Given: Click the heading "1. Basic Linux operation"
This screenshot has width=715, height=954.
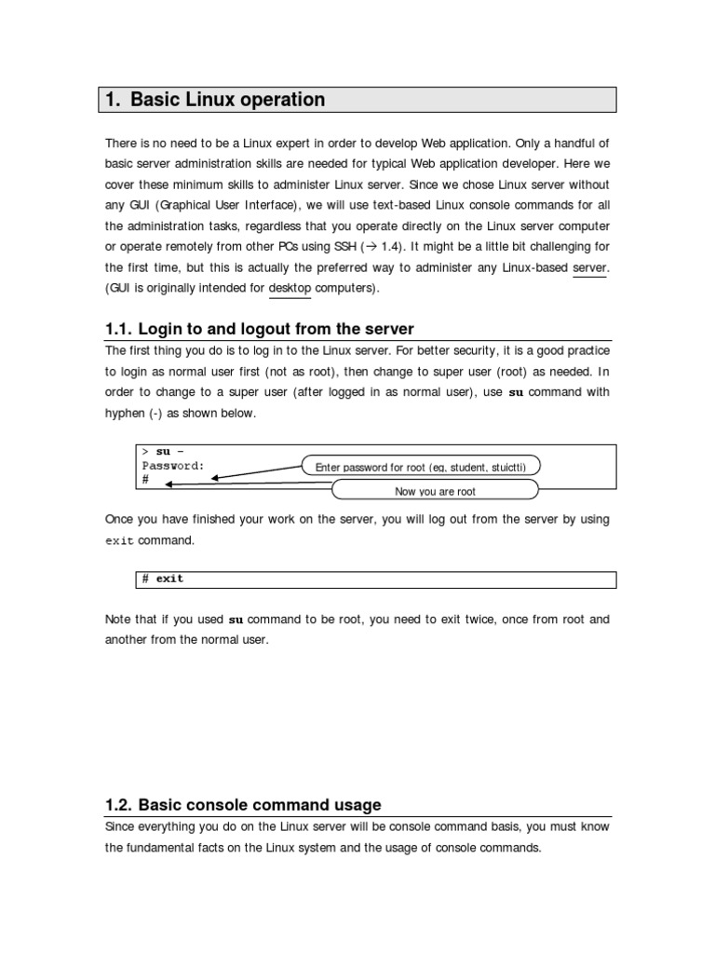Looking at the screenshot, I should point(214,100).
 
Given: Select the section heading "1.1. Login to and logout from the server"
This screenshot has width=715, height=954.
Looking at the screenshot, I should point(260,329).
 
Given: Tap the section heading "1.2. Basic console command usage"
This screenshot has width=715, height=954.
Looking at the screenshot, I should point(243,805).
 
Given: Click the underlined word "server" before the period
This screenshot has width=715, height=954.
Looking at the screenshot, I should point(588,268).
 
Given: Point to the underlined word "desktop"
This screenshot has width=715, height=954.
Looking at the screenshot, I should point(290,289).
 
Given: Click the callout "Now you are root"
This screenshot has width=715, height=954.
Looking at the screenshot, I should point(436,491).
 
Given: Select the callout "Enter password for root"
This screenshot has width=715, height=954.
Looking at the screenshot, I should point(421,467).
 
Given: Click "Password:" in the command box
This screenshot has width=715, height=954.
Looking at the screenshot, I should point(173,465).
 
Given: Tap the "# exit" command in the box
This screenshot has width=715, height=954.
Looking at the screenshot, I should point(163,579).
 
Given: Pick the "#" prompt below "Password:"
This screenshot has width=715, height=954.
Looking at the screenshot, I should point(145,479).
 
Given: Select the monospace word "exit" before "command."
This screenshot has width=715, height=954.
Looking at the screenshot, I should point(119,540).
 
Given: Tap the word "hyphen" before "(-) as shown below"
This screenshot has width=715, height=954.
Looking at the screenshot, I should point(125,413).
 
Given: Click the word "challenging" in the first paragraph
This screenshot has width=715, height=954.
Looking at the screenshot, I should point(546,247).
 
